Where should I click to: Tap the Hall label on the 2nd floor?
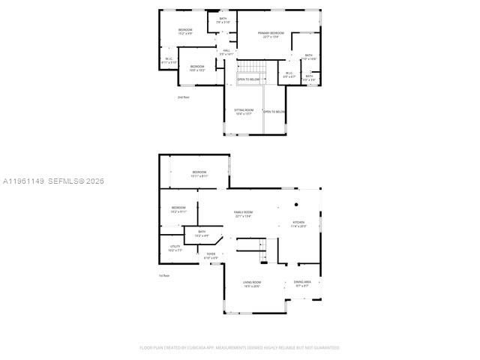pyautogui.click(x=226, y=52)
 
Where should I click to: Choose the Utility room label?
pyautogui.click(x=175, y=248)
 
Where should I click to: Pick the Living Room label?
pyautogui.click(x=251, y=283)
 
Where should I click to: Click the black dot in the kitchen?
pyautogui.click(x=296, y=204)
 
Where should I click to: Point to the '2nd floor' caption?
pyautogui.click(x=183, y=97)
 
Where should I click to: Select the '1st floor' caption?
pyautogui.click(x=163, y=276)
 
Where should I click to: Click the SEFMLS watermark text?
pyautogui.click(x=54, y=181)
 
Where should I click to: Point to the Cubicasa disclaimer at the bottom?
pyautogui.click(x=239, y=347)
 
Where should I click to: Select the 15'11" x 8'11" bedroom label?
pyautogui.click(x=199, y=174)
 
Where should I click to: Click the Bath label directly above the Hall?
pyautogui.click(x=223, y=20)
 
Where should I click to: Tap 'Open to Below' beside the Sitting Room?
pyautogui.click(x=274, y=112)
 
